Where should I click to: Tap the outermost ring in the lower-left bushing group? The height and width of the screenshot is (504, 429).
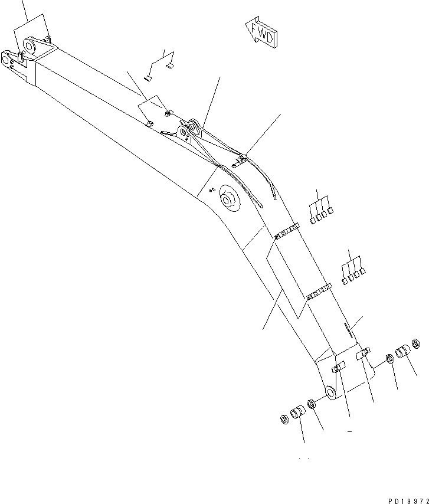[x=283, y=419]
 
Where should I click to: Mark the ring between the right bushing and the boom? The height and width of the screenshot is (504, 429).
[x=389, y=359]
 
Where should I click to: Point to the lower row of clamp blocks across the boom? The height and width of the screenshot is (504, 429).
[x=318, y=292]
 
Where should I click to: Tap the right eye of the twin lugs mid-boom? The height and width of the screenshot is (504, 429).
[x=194, y=126]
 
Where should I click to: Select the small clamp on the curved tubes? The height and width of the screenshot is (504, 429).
[x=240, y=159]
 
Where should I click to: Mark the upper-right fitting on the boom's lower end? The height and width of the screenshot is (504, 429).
[x=365, y=354]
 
